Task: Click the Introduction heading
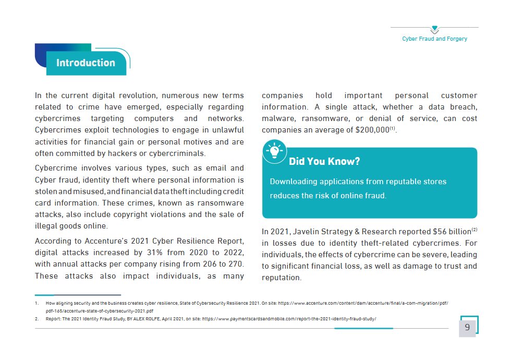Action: (x=86, y=63)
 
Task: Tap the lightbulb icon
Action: (x=274, y=152)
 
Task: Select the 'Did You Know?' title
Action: (x=324, y=161)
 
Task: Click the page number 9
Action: (x=467, y=327)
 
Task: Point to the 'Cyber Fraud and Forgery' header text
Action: (x=435, y=39)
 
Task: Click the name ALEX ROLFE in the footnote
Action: (x=143, y=318)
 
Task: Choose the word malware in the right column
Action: (x=278, y=118)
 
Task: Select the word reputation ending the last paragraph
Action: (x=281, y=278)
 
